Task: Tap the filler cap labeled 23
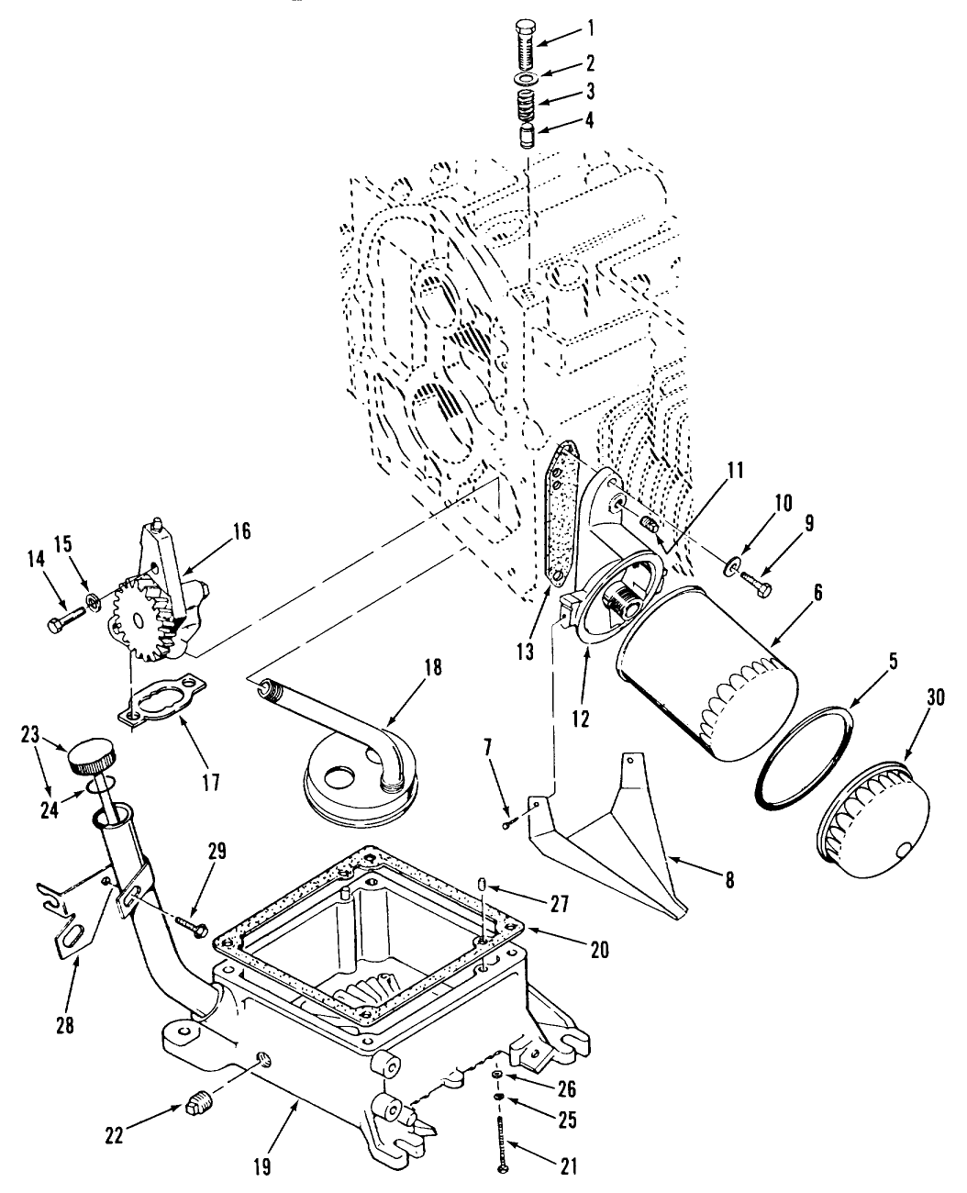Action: pos(88,758)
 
